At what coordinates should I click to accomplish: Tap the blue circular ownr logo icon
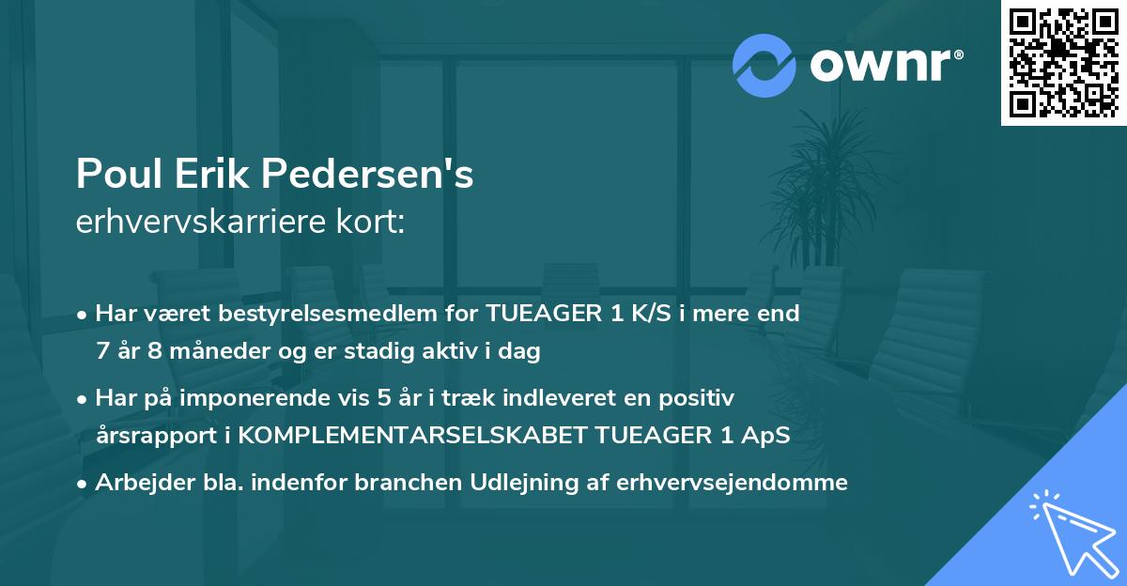764,65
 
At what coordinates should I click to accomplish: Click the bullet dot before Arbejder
84,484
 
